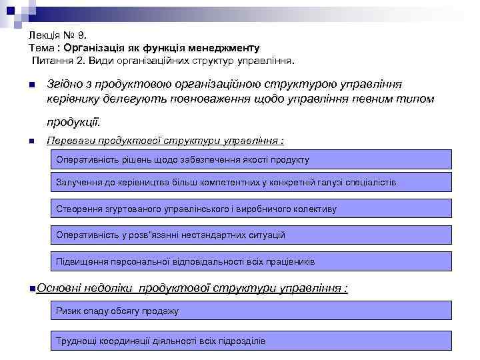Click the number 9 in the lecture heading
(81, 35)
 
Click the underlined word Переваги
(67, 141)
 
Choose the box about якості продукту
(251, 160)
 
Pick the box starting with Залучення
(251, 182)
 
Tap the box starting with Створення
(251, 209)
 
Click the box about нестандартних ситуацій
(251, 235)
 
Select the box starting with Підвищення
(251, 262)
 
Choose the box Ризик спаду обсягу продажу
(251, 311)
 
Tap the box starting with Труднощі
(251, 341)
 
